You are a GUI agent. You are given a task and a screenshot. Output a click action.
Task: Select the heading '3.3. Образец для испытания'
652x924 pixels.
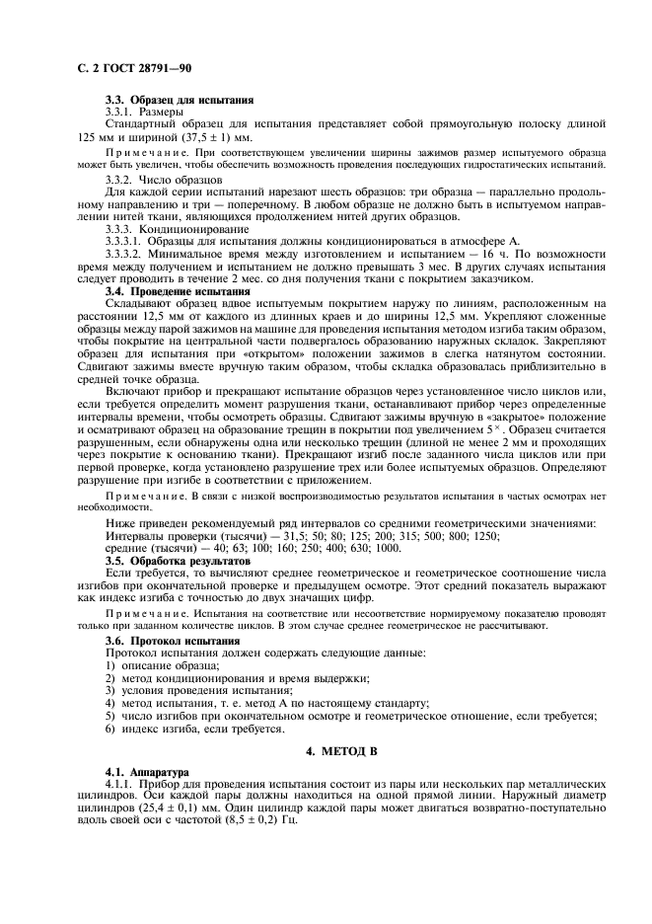180,101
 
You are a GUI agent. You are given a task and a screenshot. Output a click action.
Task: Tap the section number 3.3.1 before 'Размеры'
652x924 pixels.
123,114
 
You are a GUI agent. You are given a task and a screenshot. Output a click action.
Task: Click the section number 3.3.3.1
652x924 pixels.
130,240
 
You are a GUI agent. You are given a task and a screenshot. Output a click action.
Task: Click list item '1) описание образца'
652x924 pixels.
166,665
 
